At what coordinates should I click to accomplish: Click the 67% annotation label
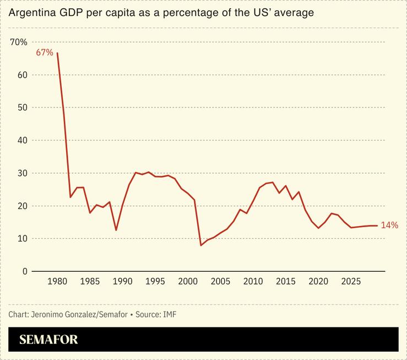pyautogui.click(x=45, y=53)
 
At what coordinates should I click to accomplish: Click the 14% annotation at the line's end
pyautogui.click(x=389, y=225)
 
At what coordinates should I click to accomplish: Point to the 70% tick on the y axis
pyautogui.click(x=19, y=42)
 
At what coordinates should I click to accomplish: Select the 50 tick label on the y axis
pyautogui.click(x=21, y=108)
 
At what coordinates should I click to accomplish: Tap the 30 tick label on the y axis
pyautogui.click(x=21, y=173)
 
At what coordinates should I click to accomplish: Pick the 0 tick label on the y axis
pyautogui.click(x=25, y=271)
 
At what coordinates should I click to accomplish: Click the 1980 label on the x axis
pyautogui.click(x=57, y=282)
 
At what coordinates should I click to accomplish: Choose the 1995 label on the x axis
pyautogui.click(x=155, y=282)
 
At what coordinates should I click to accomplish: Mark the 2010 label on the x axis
pyautogui.click(x=253, y=282)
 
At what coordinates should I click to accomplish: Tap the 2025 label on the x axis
pyautogui.click(x=350, y=282)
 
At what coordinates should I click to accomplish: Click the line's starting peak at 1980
pyautogui.click(x=57, y=53)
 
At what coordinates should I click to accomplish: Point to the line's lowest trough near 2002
pyautogui.click(x=201, y=245)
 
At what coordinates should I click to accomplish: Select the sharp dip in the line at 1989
pyautogui.click(x=116, y=230)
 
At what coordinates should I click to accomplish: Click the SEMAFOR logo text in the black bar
pyautogui.click(x=48, y=340)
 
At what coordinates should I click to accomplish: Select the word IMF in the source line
pyautogui.click(x=170, y=314)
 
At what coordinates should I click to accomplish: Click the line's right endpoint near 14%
pyautogui.click(x=376, y=225)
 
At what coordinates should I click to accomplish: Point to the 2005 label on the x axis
pyautogui.click(x=220, y=282)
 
